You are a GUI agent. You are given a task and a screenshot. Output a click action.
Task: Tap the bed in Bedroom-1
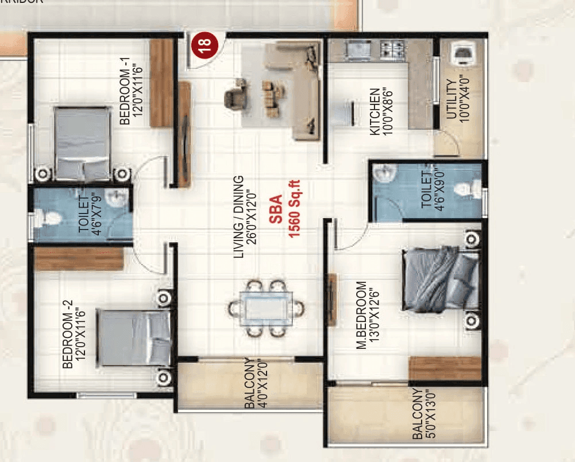[x=83, y=142]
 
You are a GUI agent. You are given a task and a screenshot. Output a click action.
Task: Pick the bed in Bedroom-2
[x=134, y=337]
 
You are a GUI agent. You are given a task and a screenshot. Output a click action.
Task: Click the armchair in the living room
[x=236, y=94]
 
